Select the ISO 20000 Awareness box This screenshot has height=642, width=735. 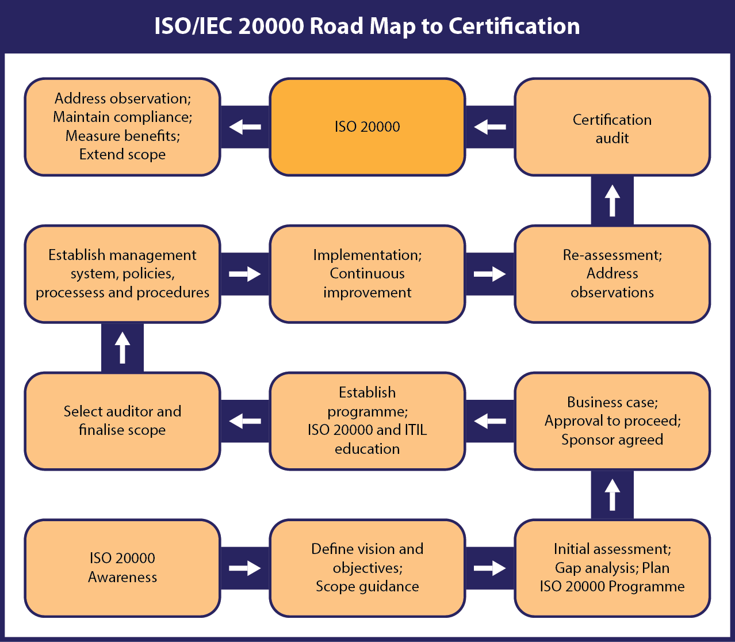pos(122,568)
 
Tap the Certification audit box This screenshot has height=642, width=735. pos(612,127)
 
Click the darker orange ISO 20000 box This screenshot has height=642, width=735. pos(367,127)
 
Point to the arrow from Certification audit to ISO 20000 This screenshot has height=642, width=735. pos(489,127)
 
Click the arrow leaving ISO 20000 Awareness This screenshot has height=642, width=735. pos(245,568)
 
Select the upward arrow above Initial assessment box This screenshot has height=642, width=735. pos(612,495)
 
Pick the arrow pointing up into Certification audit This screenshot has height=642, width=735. pos(612,200)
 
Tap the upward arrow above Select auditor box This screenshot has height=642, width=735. pos(122,347)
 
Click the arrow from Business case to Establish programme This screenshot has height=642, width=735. pos(489,421)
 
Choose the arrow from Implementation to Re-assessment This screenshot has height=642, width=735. pos(489,274)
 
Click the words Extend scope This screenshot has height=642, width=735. pos(122,155)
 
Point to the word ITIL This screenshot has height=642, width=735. pos(416,430)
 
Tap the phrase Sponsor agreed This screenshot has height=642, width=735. pos(612,440)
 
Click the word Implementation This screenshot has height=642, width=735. pos(367,255)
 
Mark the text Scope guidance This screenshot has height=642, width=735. pos(367,587)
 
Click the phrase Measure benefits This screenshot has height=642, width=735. pos(122,136)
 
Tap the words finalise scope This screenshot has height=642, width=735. pos(122,430)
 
